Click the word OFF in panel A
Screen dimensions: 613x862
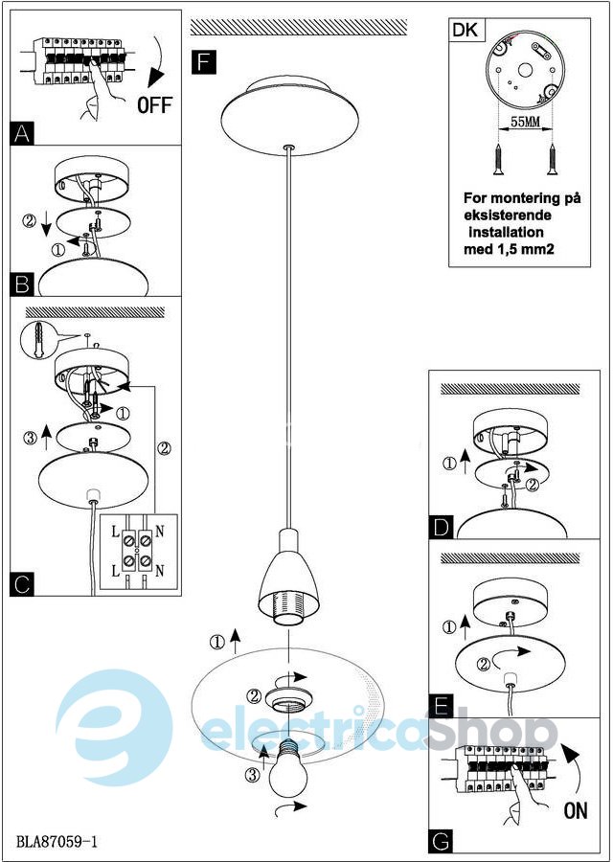[x=154, y=104]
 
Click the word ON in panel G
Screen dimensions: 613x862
[x=575, y=810]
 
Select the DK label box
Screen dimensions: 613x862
[x=466, y=31]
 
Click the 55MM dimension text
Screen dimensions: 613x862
[x=525, y=122]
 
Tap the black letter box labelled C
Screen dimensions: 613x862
[x=22, y=584]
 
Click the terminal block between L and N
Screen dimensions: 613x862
[x=137, y=551]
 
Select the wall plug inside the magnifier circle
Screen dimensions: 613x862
[x=38, y=341]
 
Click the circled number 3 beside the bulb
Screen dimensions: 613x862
[x=250, y=776]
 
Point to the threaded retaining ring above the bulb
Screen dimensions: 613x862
[x=288, y=699]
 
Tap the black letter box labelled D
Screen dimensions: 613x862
[x=441, y=527]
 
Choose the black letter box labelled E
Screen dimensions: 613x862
[x=441, y=705]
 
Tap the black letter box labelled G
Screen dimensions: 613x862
[x=441, y=841]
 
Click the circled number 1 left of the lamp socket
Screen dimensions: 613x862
[x=218, y=641]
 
